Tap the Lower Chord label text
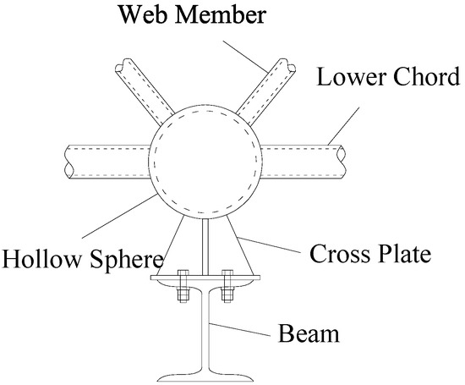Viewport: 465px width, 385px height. [x=388, y=77]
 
